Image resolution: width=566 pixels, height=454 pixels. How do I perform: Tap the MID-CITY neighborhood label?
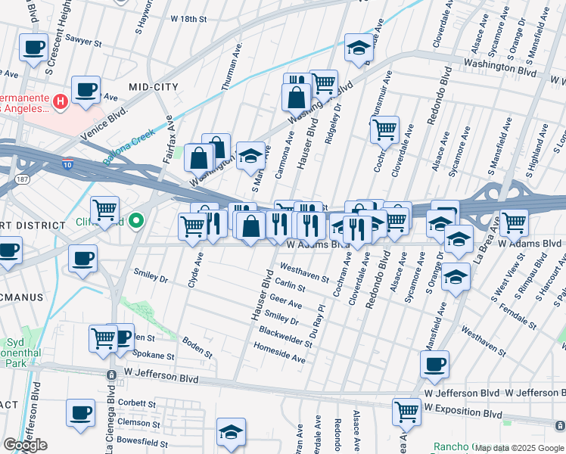[x=154, y=87]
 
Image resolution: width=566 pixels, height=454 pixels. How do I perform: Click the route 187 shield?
[x=22, y=179]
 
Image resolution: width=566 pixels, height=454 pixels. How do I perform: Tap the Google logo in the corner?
[x=25, y=445]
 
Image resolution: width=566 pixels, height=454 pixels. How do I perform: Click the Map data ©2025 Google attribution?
[x=519, y=448]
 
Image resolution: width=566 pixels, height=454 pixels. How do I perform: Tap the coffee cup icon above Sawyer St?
[x=33, y=48]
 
